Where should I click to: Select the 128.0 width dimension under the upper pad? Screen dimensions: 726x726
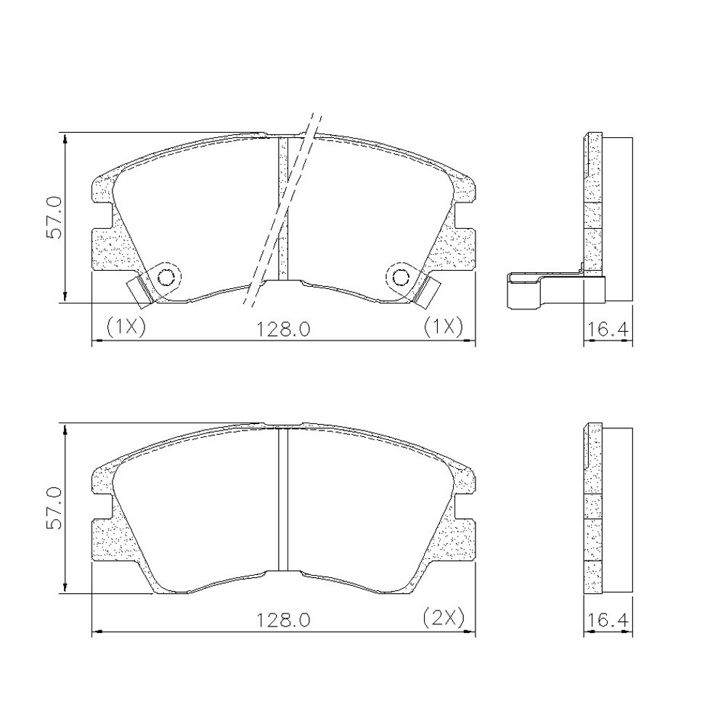pyautogui.click(x=283, y=330)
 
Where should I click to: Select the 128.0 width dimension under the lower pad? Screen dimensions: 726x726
pyautogui.click(x=283, y=620)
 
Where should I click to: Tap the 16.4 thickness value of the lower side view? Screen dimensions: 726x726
pyautogui.click(x=608, y=620)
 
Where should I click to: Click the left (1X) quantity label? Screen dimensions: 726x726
pyautogui.click(x=126, y=327)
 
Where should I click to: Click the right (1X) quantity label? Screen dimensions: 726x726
pyautogui.click(x=444, y=327)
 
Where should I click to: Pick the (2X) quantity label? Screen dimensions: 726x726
pyautogui.click(x=444, y=617)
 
